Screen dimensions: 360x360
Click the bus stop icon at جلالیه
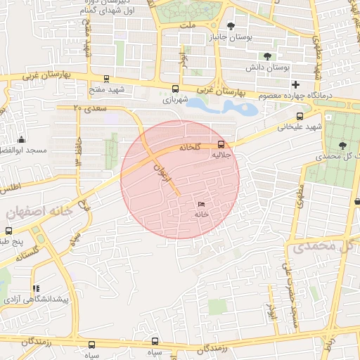tap(222, 147)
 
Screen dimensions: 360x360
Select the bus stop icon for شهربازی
tap(175, 89)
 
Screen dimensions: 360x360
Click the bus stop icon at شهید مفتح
tap(105, 79)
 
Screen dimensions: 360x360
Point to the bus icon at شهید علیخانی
tap(300, 116)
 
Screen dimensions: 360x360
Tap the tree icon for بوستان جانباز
tap(231, 27)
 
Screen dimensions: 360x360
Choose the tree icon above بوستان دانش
tap(266, 56)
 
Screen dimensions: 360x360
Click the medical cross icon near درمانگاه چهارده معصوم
tap(295, 84)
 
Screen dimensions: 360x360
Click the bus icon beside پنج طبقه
tap(8, 230)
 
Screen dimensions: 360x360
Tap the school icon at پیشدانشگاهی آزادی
tap(36, 288)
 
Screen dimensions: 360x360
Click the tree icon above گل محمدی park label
tap(342, 145)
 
